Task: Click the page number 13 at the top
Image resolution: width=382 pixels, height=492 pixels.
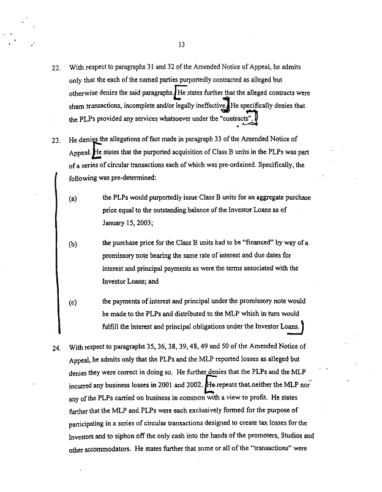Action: (182, 44)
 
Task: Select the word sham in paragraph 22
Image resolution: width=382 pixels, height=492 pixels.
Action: (78, 106)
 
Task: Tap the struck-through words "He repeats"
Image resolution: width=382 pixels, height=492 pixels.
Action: (225, 384)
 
